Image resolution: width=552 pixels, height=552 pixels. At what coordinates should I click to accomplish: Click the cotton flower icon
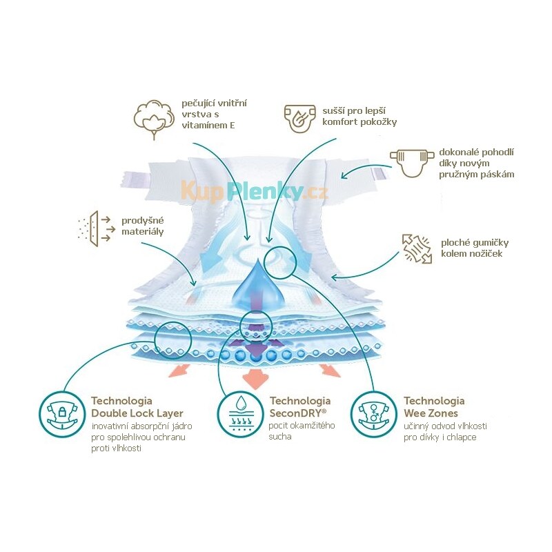pos(154,119)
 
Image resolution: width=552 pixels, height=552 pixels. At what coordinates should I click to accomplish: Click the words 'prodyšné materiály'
pos(143,226)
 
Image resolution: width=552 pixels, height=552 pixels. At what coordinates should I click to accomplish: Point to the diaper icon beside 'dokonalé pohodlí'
pos(411,162)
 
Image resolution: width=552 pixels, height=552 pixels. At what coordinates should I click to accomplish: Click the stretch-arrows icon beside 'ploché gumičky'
pos(417,249)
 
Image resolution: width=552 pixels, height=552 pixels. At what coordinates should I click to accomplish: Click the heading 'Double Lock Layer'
pos(137,413)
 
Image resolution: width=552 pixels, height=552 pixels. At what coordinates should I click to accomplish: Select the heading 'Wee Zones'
pos(431,413)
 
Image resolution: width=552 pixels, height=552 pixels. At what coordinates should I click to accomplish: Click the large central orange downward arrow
pos(256,378)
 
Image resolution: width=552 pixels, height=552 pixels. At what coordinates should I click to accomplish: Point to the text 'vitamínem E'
pos(208,126)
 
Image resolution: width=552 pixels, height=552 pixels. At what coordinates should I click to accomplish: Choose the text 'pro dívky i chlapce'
pos(440,437)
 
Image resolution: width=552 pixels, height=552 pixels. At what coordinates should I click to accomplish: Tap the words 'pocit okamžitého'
pos(302,426)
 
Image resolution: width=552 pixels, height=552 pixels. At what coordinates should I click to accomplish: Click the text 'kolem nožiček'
pos(472,253)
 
